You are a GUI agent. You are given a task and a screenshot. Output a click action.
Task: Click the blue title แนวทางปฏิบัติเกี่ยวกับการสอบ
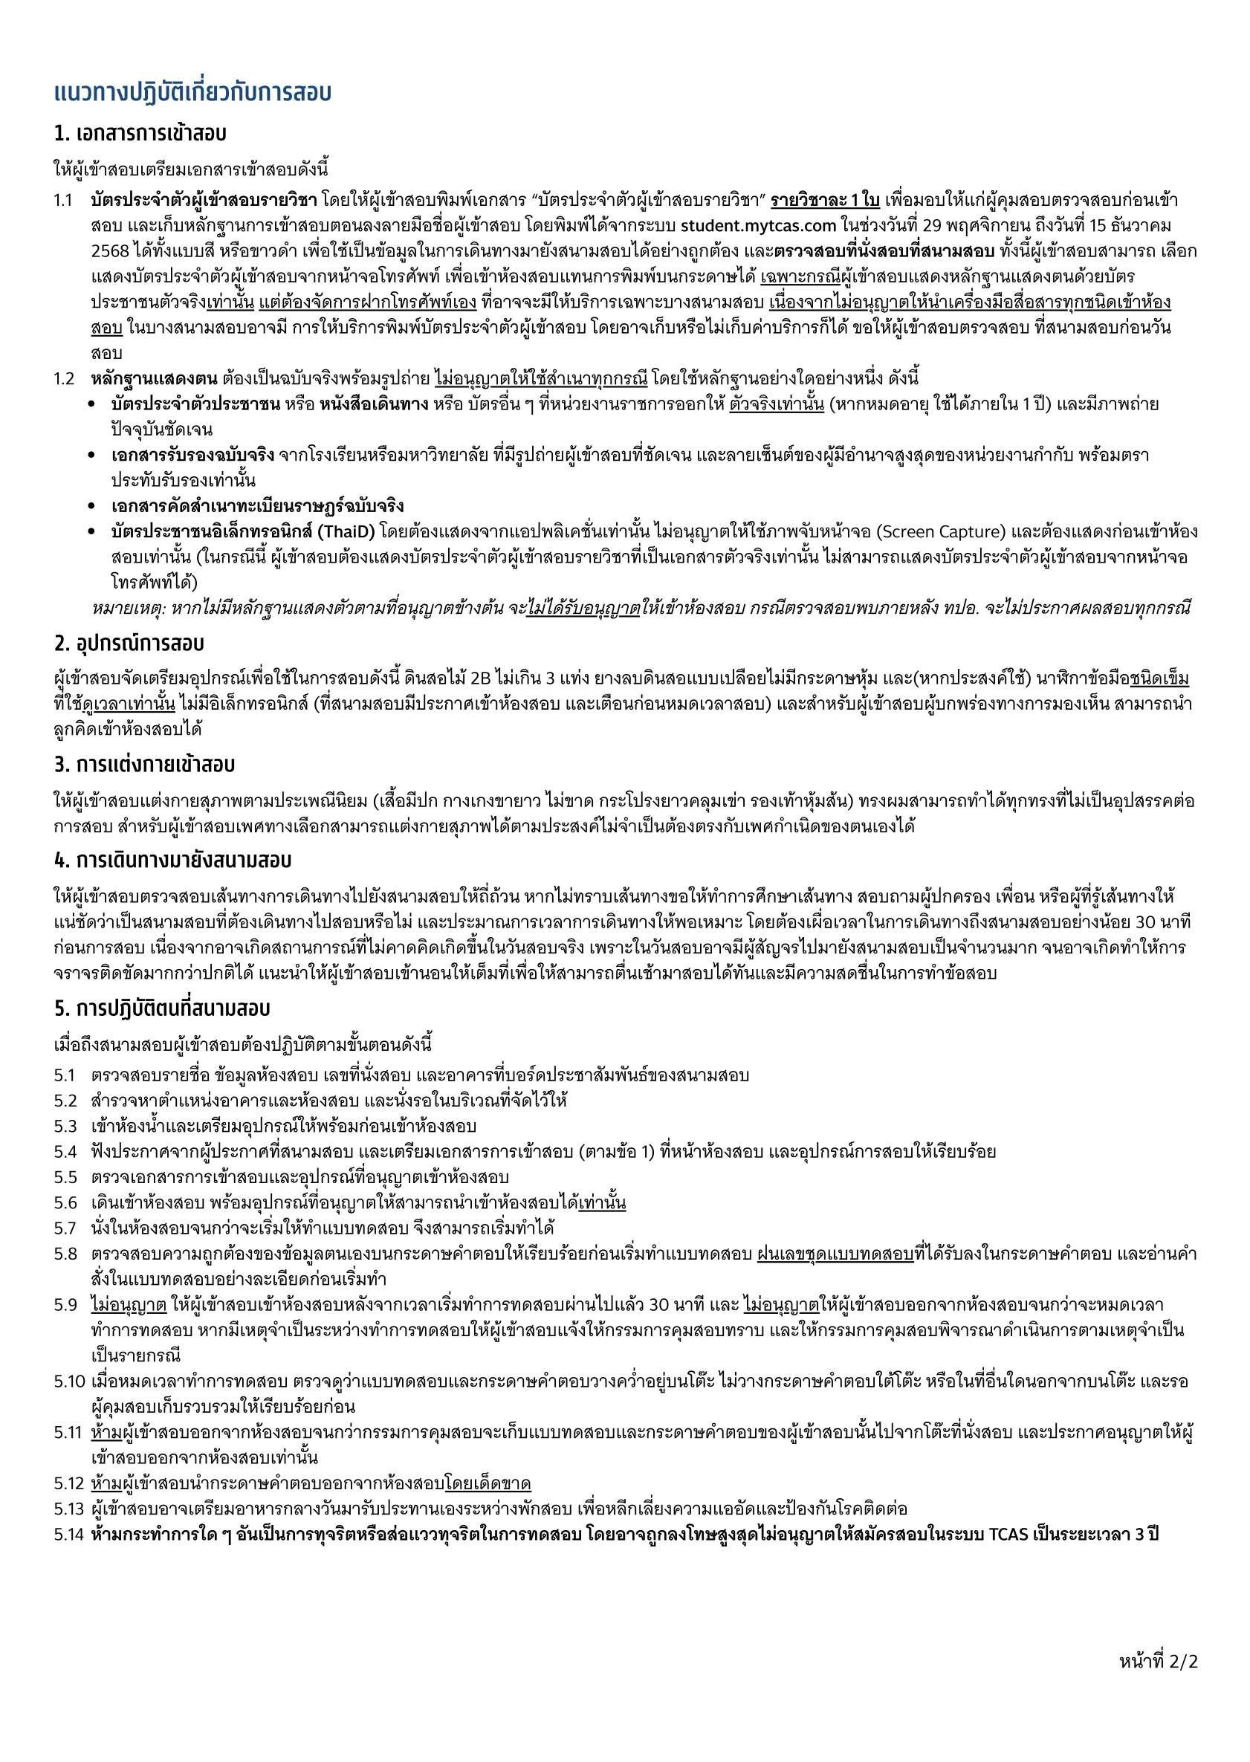192,92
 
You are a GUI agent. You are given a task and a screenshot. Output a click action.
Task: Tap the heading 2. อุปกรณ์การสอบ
129,643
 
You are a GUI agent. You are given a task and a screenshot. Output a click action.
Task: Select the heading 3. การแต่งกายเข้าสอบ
144,765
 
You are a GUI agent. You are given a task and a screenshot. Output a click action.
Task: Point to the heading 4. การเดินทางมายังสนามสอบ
172,860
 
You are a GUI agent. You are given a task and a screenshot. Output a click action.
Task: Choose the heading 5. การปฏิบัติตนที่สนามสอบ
162,1008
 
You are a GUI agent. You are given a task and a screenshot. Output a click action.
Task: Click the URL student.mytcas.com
757,225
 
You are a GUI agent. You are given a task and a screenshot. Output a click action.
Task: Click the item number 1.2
64,379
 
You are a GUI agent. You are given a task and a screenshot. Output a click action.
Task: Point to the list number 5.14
68,1534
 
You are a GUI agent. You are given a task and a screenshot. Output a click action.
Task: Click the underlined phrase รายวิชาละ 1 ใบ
824,200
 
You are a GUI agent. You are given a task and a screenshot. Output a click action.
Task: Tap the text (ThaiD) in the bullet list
346,532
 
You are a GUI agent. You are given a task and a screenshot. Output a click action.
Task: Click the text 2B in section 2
480,678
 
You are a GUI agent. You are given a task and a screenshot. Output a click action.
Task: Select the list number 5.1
65,1075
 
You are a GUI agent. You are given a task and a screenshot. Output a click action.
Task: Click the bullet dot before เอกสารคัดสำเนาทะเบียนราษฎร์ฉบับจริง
92,507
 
